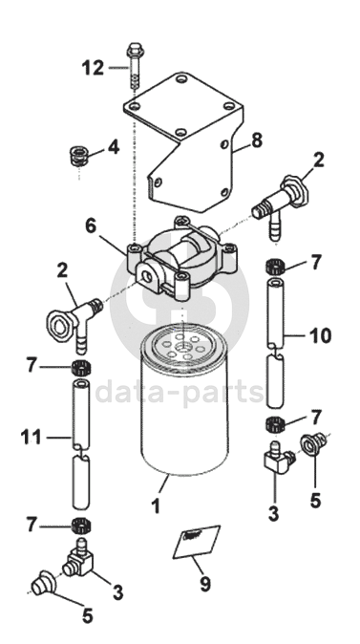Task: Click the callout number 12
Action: tap(94, 68)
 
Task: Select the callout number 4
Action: tap(114, 147)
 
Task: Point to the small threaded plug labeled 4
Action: tap(79, 156)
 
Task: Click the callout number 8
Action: tap(256, 140)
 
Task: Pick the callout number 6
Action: tap(91, 225)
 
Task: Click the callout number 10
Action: tap(321, 336)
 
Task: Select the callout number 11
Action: tap(32, 438)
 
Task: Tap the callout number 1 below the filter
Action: tap(156, 506)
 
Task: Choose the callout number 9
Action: tap(205, 584)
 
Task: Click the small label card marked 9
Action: tap(196, 542)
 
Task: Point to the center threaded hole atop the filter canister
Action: tap(182, 348)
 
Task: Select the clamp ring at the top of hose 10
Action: tap(275, 268)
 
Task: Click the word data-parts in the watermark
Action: tap(180, 392)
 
